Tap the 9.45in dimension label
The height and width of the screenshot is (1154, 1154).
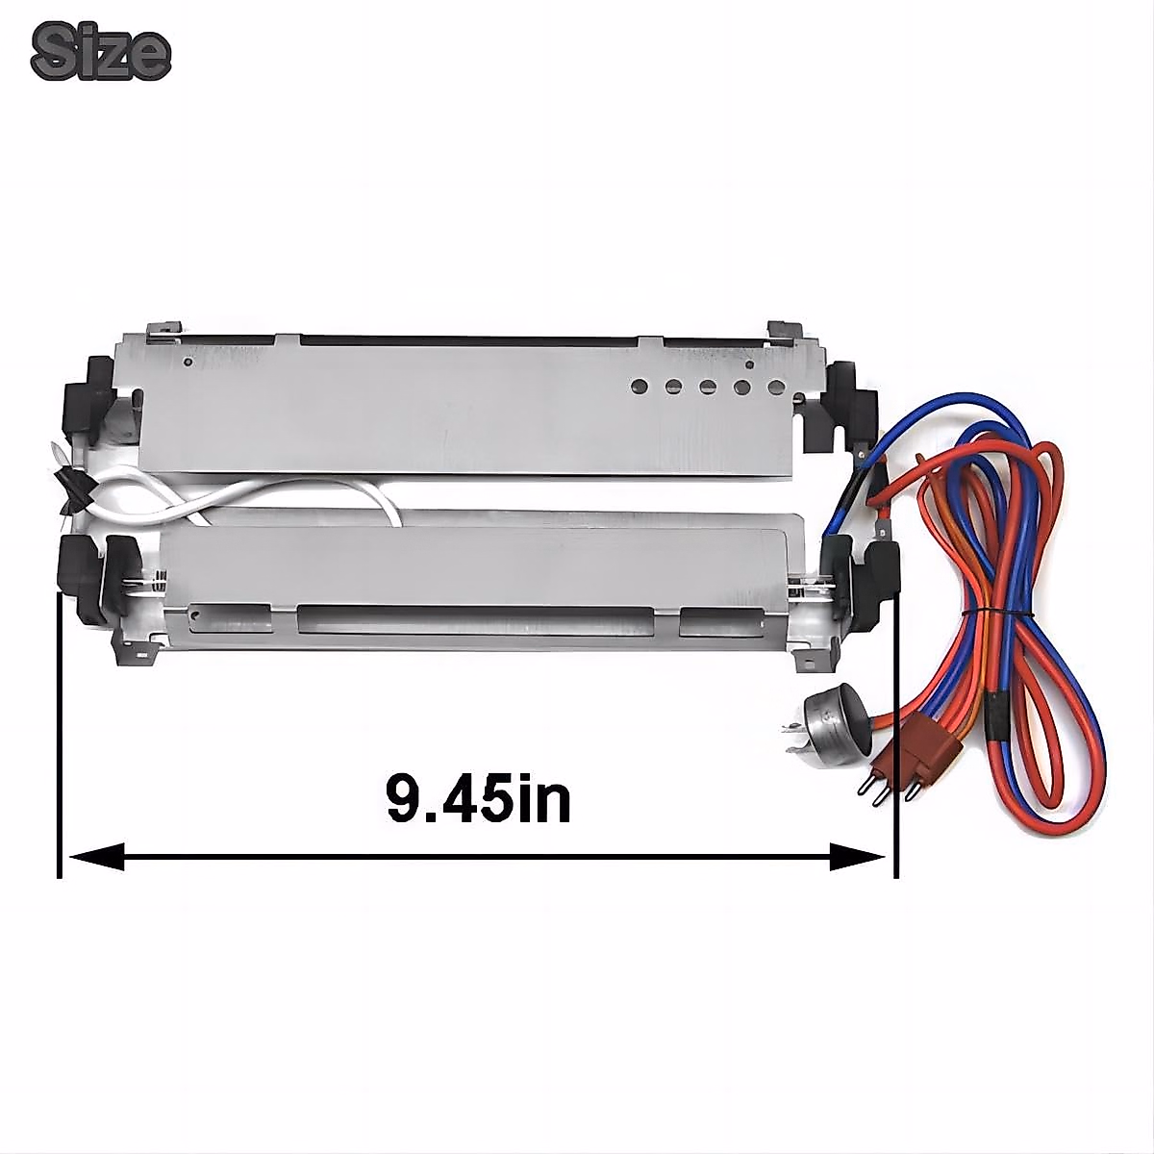478,799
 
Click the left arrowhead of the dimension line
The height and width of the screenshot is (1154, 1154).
96,858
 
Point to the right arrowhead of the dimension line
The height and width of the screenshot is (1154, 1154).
857,858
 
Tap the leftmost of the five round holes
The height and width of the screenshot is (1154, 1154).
640,387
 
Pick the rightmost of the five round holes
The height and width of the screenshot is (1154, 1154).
777,387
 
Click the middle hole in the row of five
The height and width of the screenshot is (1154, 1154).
708,387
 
